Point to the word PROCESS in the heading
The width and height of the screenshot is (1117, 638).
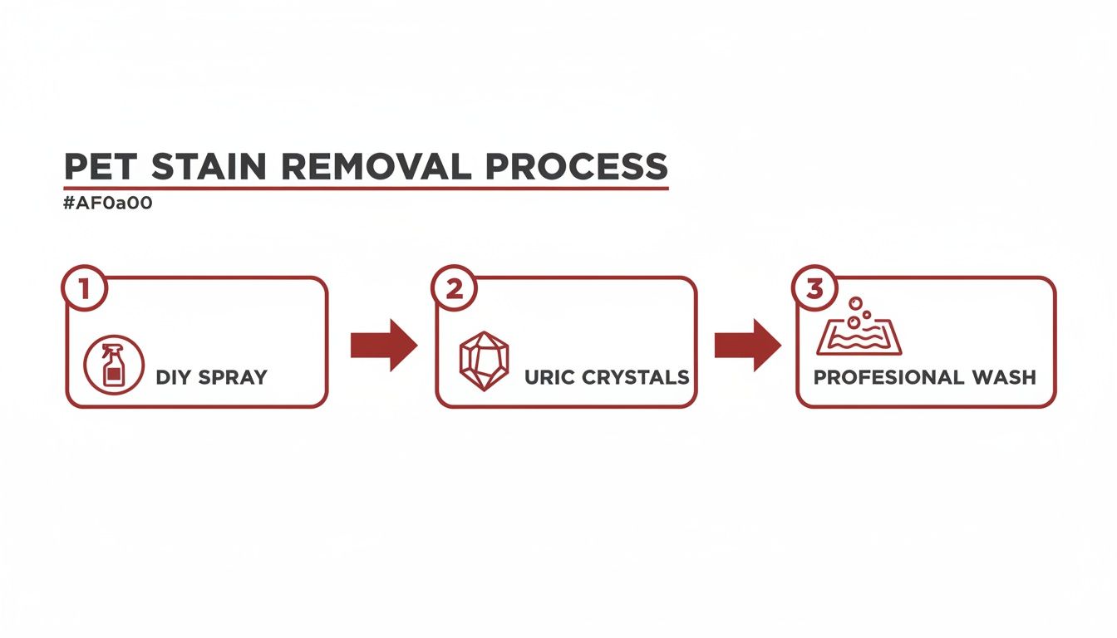point(577,166)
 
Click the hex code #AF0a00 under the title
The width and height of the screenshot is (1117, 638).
point(108,204)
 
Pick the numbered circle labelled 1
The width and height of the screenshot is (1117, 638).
point(83,288)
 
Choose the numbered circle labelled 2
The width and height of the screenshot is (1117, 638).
point(454,288)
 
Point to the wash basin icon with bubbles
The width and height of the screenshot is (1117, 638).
point(859,332)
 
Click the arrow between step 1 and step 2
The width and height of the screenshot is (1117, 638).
point(383,344)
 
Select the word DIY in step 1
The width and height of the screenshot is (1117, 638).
point(172,377)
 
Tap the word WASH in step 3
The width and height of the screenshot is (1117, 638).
point(1006,377)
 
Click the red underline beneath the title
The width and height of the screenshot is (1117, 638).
point(366,189)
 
